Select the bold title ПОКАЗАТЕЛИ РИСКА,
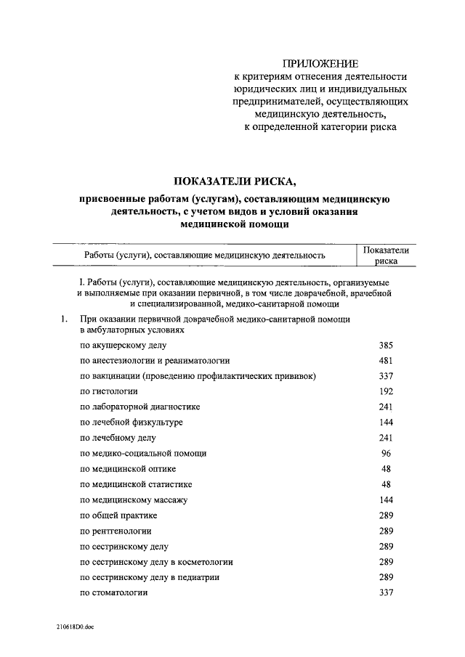click(235, 181)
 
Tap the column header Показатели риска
click(386, 256)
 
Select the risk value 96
click(386, 453)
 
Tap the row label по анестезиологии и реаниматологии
click(155, 360)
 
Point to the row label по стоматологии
click(113, 593)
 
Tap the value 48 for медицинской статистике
click(386, 484)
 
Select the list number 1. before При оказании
click(65, 319)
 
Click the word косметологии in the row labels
click(196, 562)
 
